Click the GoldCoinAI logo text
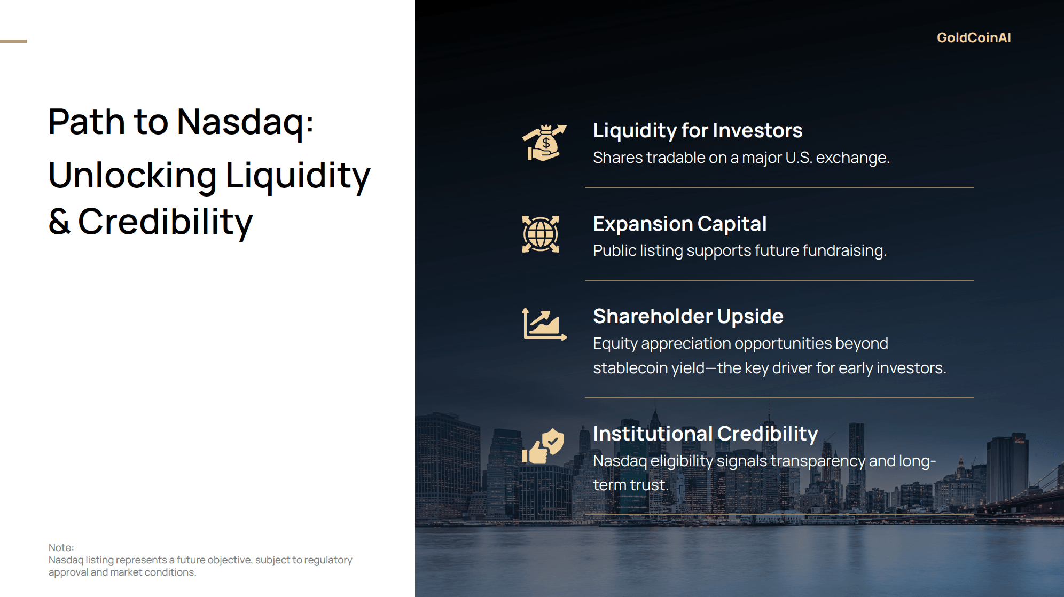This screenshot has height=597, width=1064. [x=974, y=37]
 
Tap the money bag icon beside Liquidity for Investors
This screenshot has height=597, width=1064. [x=544, y=143]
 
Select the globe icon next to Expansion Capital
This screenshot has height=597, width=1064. [x=541, y=234]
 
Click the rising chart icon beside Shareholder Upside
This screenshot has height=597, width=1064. [x=544, y=324]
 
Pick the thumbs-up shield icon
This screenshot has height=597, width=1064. [x=543, y=446]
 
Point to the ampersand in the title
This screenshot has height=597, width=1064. [x=59, y=222]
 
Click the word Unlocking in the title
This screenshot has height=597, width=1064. [x=132, y=175]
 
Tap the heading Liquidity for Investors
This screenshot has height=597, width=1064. [x=698, y=131]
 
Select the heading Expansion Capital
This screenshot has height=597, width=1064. [x=680, y=224]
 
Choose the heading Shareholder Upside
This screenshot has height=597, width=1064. [x=689, y=316]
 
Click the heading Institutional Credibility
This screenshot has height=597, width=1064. [x=706, y=434]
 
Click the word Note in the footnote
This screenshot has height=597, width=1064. [x=60, y=547]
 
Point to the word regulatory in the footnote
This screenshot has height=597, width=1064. [x=327, y=560]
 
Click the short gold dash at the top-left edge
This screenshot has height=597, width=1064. [x=13, y=41]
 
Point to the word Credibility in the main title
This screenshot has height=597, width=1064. [x=166, y=222]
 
